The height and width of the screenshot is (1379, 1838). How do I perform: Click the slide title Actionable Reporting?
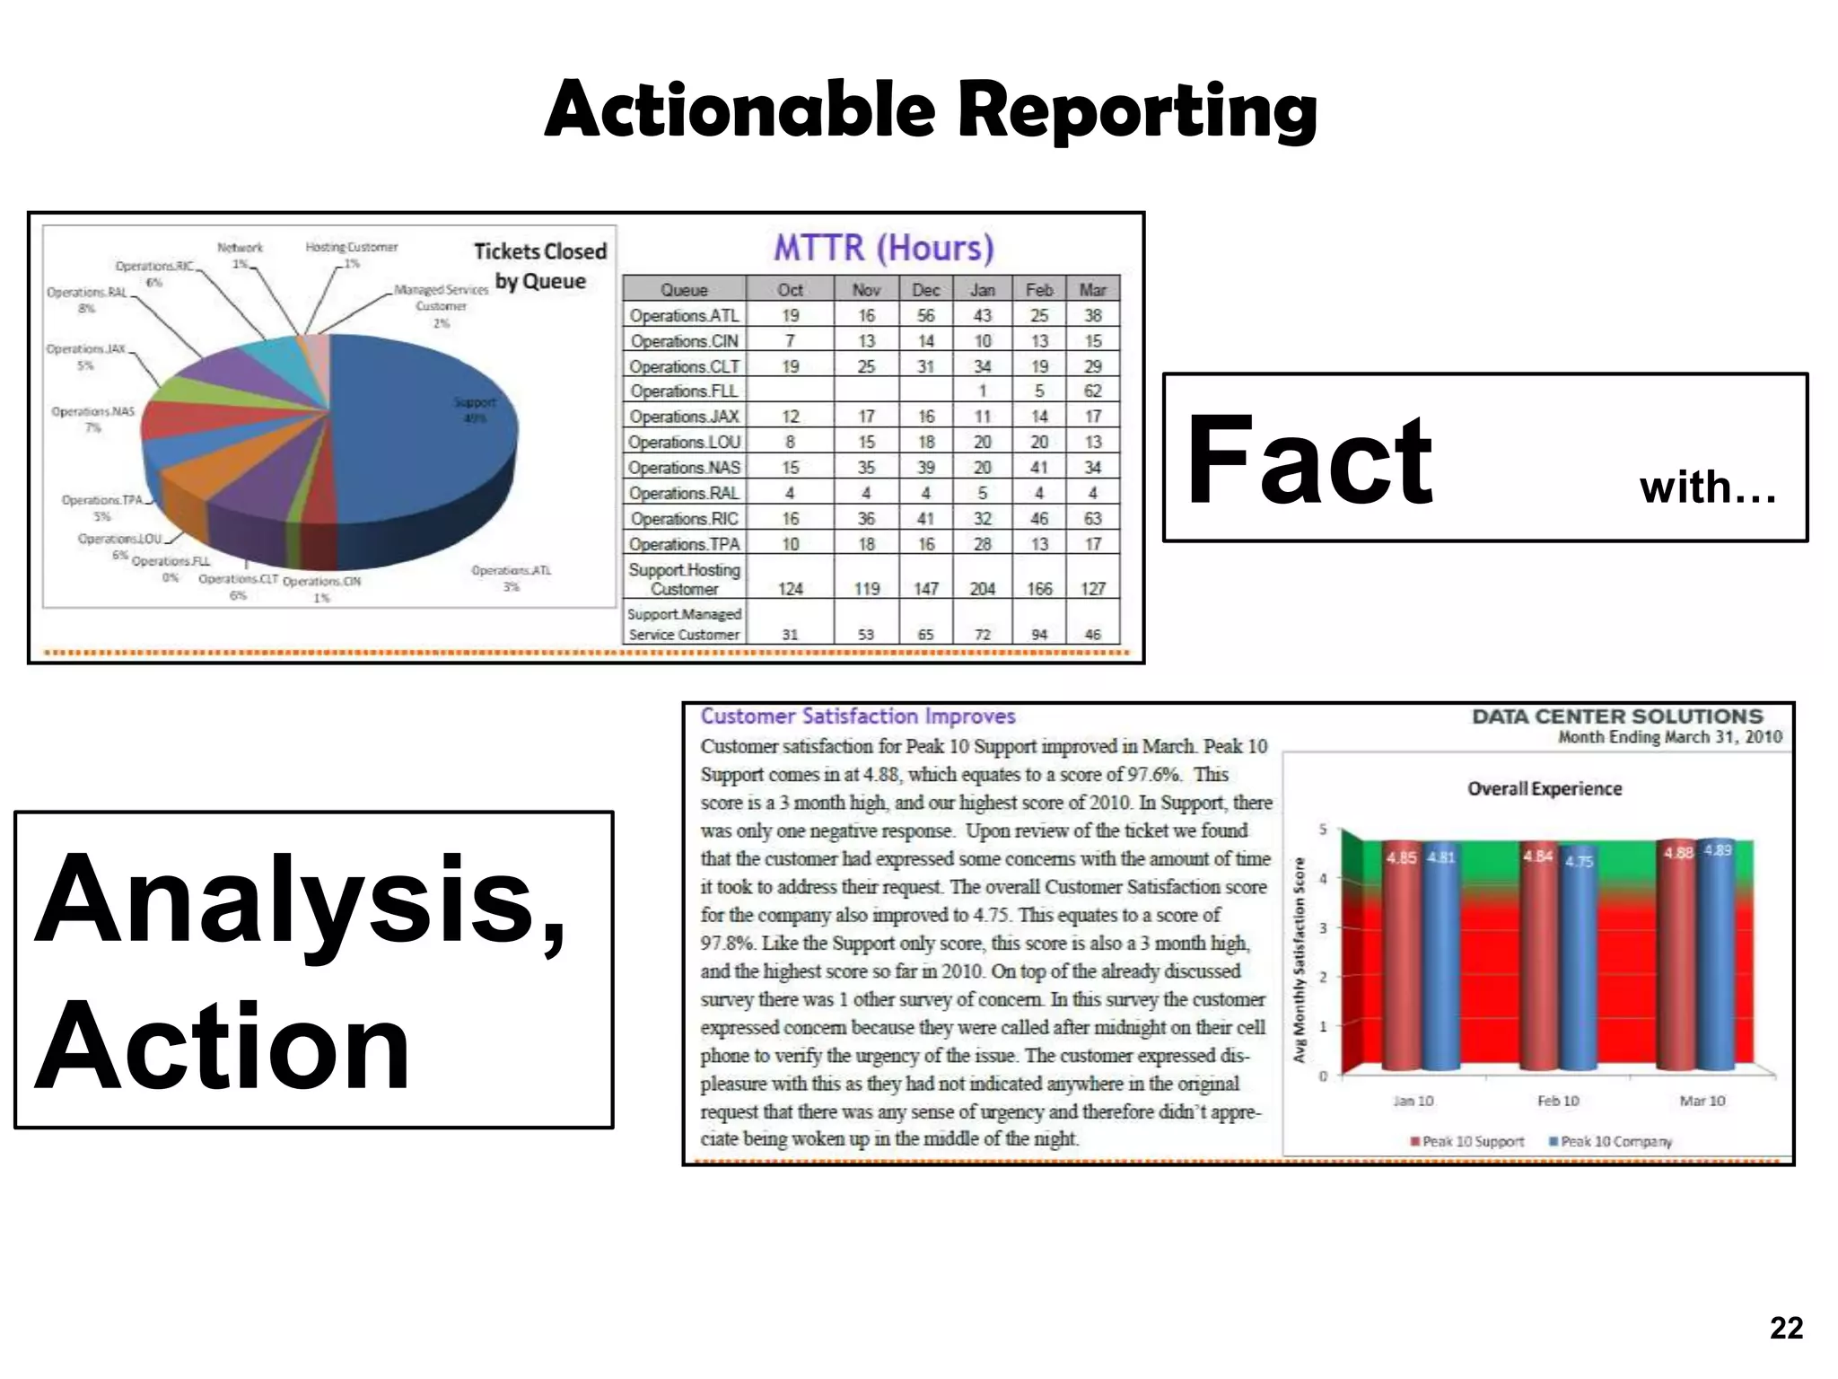931,110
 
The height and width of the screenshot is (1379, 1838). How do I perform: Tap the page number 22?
1786,1328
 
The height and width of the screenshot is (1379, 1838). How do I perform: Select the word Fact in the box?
1309,461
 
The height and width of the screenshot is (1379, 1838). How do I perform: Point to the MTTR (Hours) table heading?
884,248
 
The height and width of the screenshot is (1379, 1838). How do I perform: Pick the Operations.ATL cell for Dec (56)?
925,315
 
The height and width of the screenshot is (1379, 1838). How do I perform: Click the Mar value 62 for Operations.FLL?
1092,391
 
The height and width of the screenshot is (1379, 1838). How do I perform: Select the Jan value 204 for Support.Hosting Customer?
982,589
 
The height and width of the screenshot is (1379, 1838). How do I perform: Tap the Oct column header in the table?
790,290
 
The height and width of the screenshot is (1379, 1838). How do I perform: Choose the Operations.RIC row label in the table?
684,519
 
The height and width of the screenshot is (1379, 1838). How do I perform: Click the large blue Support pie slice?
422,422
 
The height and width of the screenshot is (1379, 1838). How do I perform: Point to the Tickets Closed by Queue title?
540,266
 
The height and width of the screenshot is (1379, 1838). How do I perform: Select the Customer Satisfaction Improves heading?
857,716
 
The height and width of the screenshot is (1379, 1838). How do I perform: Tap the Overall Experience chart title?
1545,789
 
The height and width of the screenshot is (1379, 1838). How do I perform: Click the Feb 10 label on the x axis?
1558,1101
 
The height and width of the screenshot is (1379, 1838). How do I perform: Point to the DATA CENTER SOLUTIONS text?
1617,716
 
